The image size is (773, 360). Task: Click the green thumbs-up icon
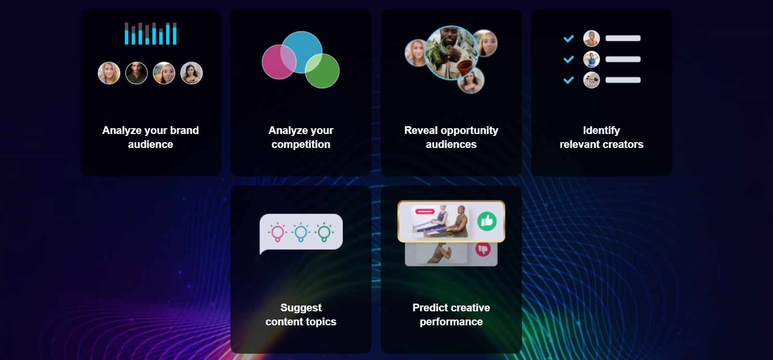coord(487,221)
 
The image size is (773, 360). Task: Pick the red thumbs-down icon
coord(483,249)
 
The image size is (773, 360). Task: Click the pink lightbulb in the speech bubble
coord(278,232)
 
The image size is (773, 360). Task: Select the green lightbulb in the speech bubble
coord(324,232)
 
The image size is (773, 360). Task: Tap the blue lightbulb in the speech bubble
coord(301,232)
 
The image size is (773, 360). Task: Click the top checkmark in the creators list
coord(569,39)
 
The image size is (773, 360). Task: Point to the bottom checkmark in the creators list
coord(569,80)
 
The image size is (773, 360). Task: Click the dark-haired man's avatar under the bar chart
coord(136,73)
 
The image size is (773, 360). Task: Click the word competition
coord(301,145)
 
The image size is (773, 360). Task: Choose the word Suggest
coord(301,307)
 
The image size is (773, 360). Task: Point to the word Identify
coord(601,131)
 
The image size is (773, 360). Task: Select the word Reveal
coord(421,131)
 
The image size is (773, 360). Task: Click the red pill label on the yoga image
coord(425,212)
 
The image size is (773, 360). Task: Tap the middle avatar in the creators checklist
coord(591,59)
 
